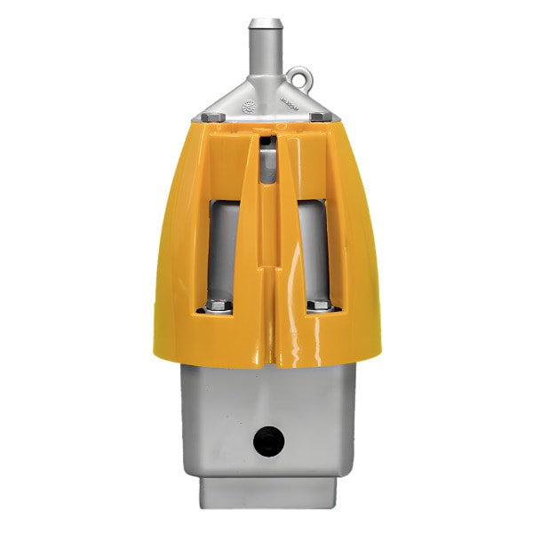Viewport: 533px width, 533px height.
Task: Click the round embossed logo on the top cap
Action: pyautogui.click(x=248, y=104)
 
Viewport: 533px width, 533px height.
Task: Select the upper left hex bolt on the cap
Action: pyautogui.click(x=210, y=116)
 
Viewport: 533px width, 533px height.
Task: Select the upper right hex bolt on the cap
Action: pyautogui.click(x=317, y=116)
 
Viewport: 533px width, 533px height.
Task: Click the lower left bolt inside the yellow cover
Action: pyautogui.click(x=218, y=307)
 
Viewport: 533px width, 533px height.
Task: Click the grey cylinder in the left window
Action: pyautogui.click(x=224, y=249)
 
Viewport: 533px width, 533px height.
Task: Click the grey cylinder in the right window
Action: pyautogui.click(x=313, y=249)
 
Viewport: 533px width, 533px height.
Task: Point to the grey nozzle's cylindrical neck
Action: pyautogui.click(x=265, y=53)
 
